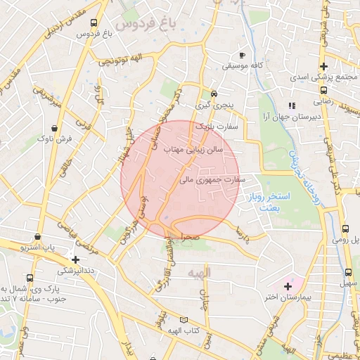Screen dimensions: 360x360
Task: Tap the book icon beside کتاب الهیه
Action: pyautogui.click(x=184, y=319)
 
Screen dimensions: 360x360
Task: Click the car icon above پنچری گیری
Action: pyautogui.click(x=214, y=94)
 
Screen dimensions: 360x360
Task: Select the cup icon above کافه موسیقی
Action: pyautogui.click(x=243, y=55)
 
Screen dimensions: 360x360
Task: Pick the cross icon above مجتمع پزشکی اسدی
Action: pyautogui.click(x=323, y=66)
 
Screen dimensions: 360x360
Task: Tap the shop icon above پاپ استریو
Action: pyautogui.click(x=37, y=238)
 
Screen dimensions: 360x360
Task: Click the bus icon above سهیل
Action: pyautogui.click(x=348, y=272)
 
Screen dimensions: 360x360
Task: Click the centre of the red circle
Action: pyautogui.click(x=181, y=179)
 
